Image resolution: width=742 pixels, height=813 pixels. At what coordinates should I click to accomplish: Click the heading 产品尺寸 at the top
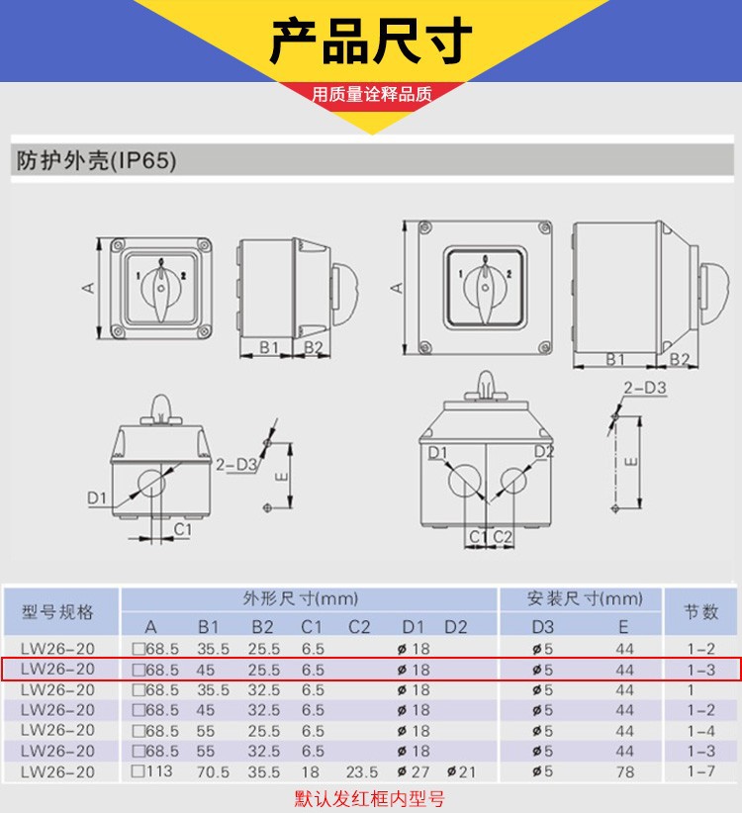click(x=371, y=41)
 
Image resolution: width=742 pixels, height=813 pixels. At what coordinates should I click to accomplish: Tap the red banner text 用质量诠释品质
click(x=372, y=95)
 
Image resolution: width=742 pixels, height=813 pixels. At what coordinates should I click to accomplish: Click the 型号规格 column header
click(x=58, y=611)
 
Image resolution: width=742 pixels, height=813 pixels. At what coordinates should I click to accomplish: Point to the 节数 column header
click(x=700, y=611)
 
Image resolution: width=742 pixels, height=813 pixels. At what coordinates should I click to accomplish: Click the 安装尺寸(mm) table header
click(x=585, y=598)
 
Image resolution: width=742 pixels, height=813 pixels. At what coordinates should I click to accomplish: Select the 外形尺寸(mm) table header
click(x=300, y=598)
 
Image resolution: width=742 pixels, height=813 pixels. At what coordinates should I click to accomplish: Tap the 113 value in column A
click(x=150, y=771)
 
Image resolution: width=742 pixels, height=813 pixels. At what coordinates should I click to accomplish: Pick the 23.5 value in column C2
click(x=362, y=771)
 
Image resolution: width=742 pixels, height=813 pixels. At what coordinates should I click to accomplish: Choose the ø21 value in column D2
click(x=457, y=771)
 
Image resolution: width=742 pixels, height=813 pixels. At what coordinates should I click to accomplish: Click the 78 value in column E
click(x=623, y=771)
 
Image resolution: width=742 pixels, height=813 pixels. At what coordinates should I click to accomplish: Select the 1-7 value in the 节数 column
click(x=700, y=771)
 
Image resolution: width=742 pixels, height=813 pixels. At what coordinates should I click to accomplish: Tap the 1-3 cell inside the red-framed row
click(x=700, y=670)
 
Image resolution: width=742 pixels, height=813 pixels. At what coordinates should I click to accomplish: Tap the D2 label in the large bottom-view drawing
click(x=542, y=452)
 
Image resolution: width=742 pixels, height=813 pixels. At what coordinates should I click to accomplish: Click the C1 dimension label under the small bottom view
click(x=182, y=530)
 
